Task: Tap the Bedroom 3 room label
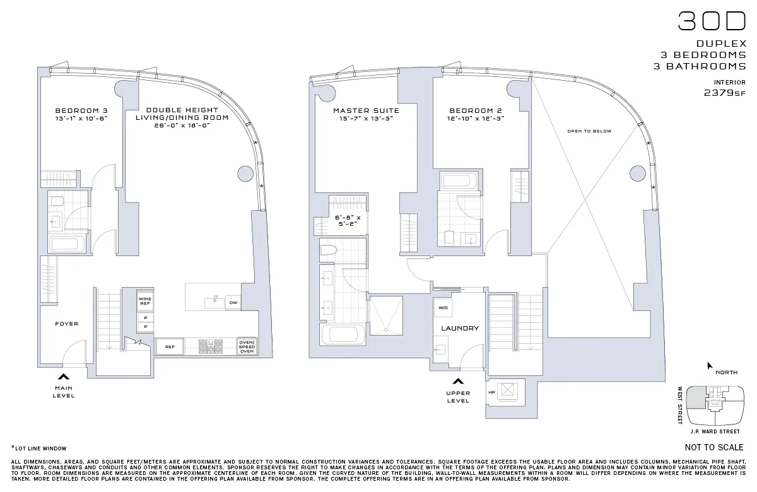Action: pyautogui.click(x=81, y=110)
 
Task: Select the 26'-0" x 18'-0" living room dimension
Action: pyautogui.click(x=182, y=126)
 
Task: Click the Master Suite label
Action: pyautogui.click(x=366, y=110)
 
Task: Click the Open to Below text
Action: pyautogui.click(x=589, y=131)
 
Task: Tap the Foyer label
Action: pyautogui.click(x=66, y=324)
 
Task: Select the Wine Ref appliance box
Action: pyautogui.click(x=145, y=300)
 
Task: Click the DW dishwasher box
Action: pyautogui.click(x=233, y=303)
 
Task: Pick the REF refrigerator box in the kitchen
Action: pyautogui.click(x=170, y=347)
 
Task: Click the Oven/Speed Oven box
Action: pyautogui.click(x=247, y=346)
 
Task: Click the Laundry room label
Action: pyautogui.click(x=460, y=328)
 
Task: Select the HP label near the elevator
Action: pyautogui.click(x=491, y=392)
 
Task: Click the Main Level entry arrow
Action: pyautogui.click(x=63, y=377)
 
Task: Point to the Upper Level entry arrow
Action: pyautogui.click(x=458, y=381)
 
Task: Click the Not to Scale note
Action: pyautogui.click(x=713, y=448)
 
